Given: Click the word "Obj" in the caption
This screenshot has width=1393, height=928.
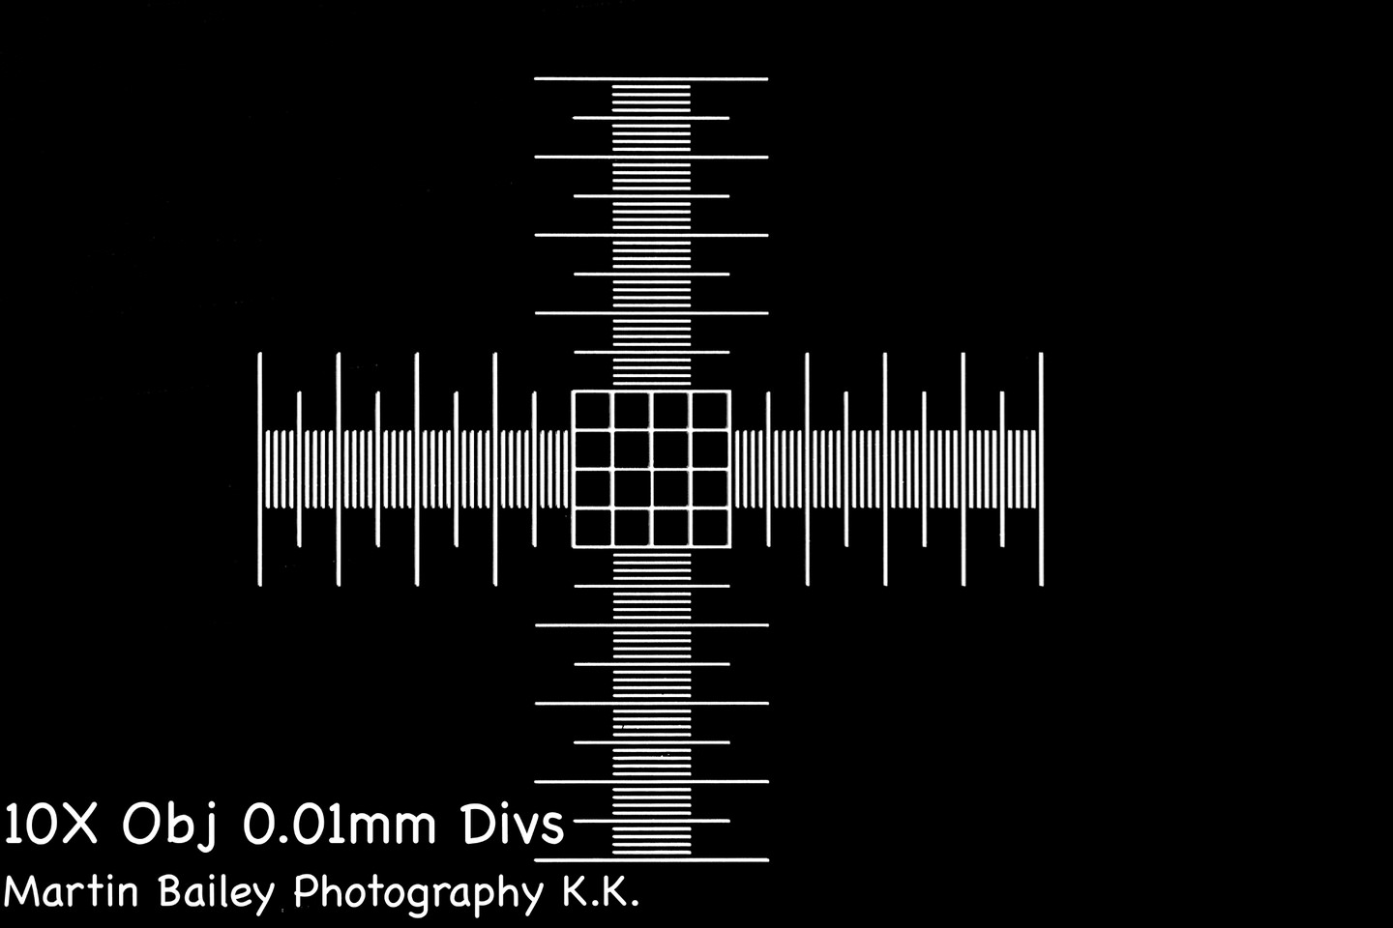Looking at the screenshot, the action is [168, 826].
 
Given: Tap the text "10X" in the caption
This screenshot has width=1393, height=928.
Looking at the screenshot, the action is [50, 824].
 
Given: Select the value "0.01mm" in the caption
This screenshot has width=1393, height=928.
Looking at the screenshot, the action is [339, 825].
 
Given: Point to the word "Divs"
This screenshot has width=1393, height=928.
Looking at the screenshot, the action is [512, 824].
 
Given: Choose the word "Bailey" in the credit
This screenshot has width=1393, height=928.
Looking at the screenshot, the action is [216, 894].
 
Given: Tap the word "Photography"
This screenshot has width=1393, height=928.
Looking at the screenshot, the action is [419, 894].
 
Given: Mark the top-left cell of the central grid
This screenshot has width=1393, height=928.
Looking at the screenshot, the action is [593, 410].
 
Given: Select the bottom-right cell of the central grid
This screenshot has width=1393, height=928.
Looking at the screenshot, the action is [710, 528].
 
